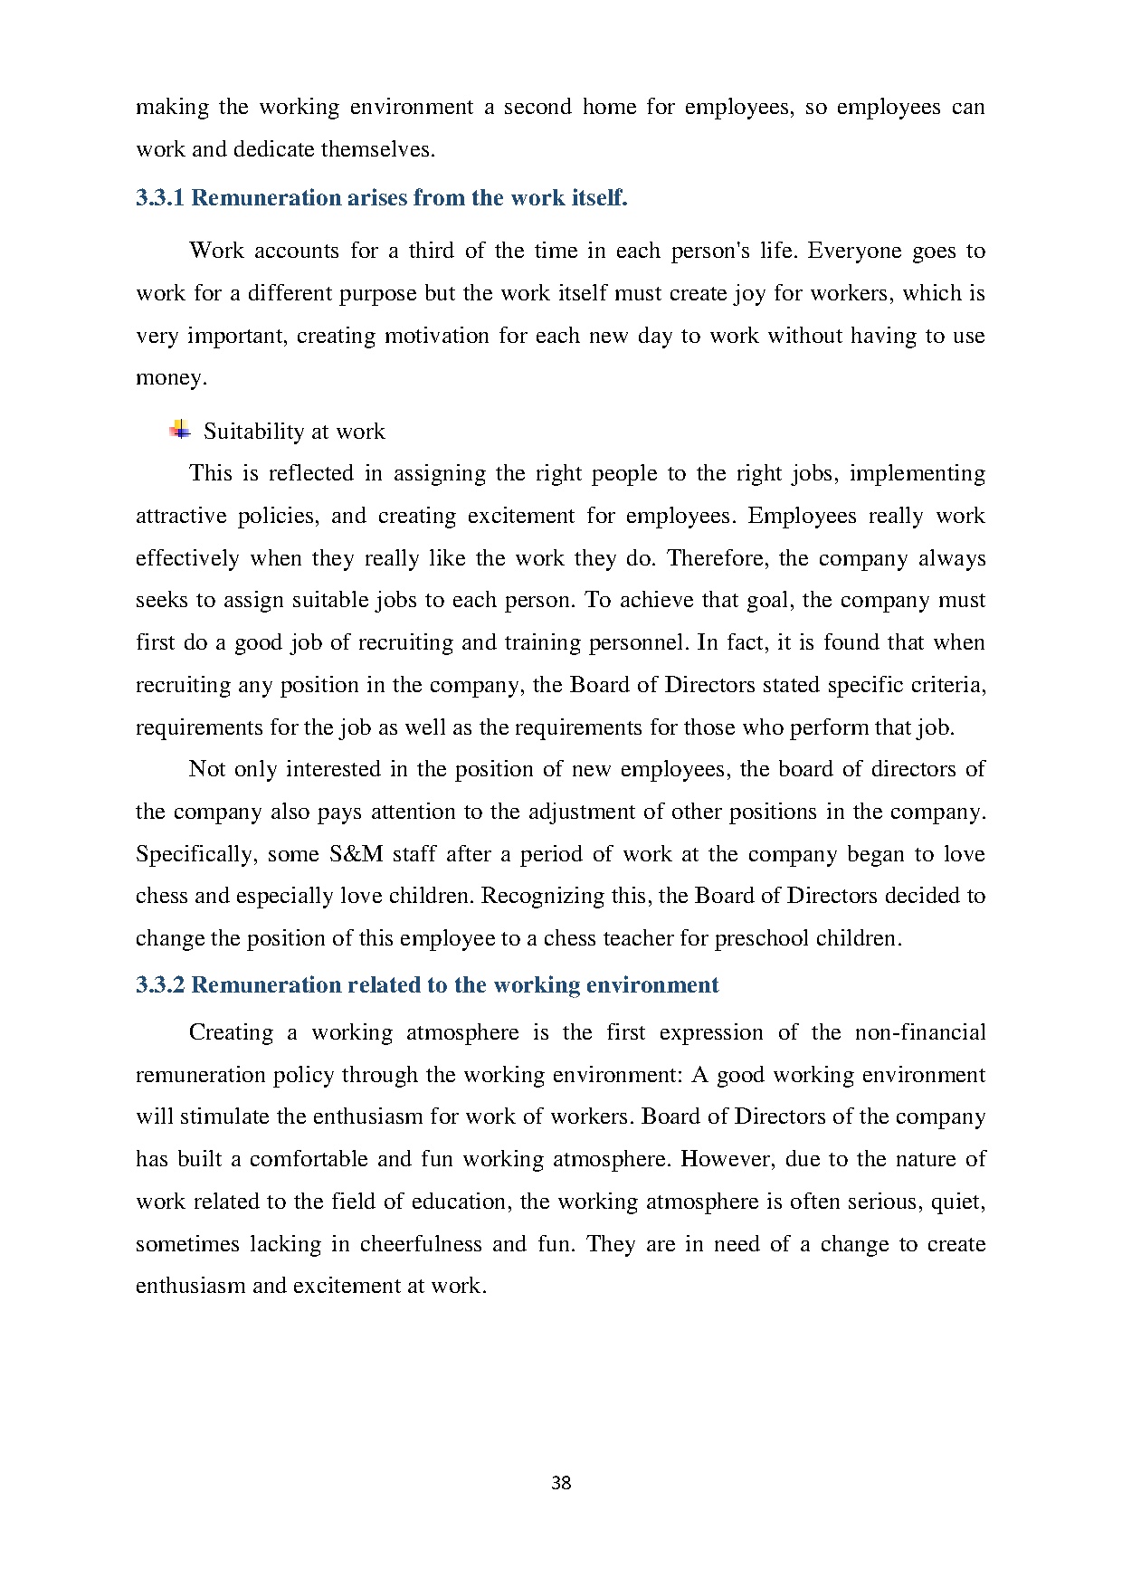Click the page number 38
coord(561,1483)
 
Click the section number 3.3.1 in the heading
coord(160,198)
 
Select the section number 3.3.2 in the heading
coord(160,985)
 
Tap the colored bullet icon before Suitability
coord(180,430)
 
